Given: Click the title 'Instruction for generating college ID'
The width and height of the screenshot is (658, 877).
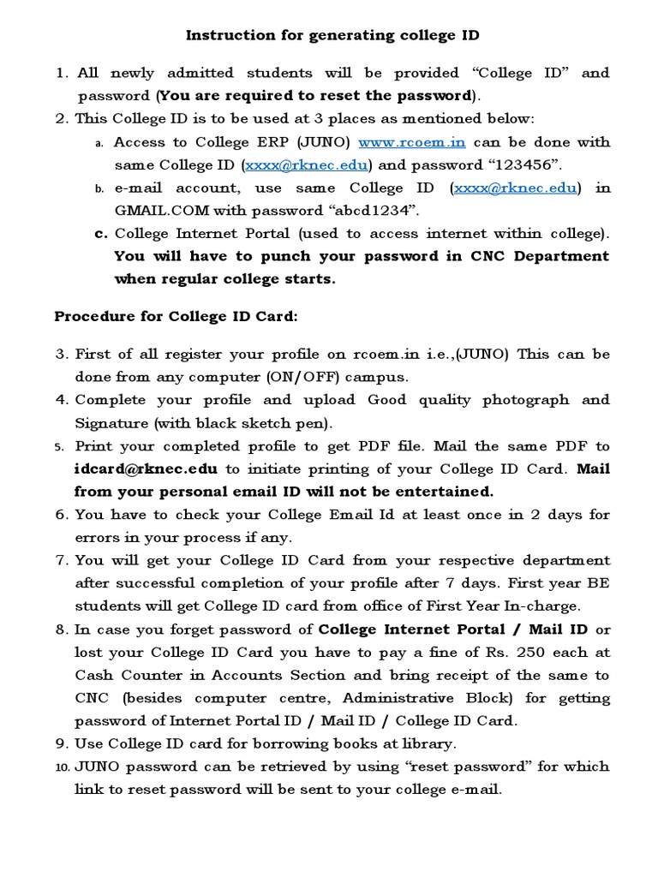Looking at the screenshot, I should (332, 35).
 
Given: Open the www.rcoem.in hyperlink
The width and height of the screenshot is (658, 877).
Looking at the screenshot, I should (411, 142).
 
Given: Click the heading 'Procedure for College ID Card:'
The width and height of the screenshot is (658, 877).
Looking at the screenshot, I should (176, 316).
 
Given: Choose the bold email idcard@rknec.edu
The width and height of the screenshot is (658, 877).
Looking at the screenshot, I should (146, 468).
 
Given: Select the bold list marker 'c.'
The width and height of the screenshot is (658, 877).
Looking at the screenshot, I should (101, 233).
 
